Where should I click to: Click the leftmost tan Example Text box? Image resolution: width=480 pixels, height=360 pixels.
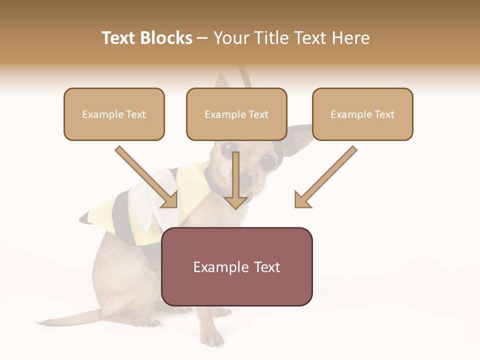pos(114,114)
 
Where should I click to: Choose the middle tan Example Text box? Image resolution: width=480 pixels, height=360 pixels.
pos(236,114)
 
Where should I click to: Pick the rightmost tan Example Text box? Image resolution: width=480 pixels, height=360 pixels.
pos(362,114)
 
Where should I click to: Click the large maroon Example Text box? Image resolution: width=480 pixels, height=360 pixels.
pos(236,266)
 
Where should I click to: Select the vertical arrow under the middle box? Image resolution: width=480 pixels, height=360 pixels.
pos(236,180)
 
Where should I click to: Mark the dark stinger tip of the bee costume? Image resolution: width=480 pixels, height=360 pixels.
pos(85,218)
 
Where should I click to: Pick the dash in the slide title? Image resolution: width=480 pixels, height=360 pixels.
pos(202,38)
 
